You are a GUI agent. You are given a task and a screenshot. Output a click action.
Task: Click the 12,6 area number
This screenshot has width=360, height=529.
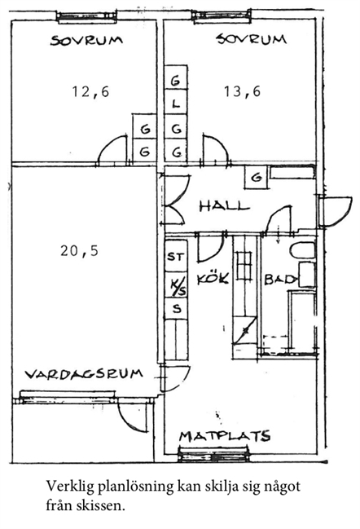(91, 91)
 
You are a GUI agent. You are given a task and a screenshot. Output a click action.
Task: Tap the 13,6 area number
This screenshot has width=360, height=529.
(243, 91)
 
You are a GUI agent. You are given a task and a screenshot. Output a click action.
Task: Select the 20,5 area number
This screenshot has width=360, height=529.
(80, 251)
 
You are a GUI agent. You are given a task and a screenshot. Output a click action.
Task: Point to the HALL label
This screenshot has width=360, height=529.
(224, 205)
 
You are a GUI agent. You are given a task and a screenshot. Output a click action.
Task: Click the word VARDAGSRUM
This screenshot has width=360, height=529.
(84, 374)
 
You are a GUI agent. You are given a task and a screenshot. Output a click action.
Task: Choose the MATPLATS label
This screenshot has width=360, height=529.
(225, 436)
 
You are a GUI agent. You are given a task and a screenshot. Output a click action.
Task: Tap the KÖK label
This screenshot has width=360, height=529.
(213, 279)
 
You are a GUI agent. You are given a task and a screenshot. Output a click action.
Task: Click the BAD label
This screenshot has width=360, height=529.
(281, 280)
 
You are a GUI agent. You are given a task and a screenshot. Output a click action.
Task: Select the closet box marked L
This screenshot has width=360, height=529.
(176, 102)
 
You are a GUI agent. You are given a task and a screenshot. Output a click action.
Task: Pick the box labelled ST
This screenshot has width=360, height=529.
(176, 256)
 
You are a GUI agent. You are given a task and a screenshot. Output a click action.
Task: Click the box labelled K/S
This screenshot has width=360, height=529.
(176, 285)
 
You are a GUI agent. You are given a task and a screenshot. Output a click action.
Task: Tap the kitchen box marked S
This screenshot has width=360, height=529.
(176, 309)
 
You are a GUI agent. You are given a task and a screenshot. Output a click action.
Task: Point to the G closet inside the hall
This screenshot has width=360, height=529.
(257, 177)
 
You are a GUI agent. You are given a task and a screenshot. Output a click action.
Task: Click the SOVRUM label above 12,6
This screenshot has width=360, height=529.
(86, 41)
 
